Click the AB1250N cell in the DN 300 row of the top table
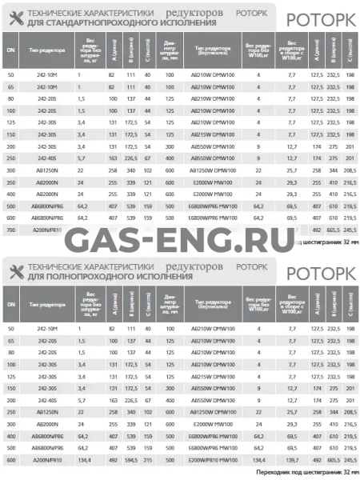click(48, 171)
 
